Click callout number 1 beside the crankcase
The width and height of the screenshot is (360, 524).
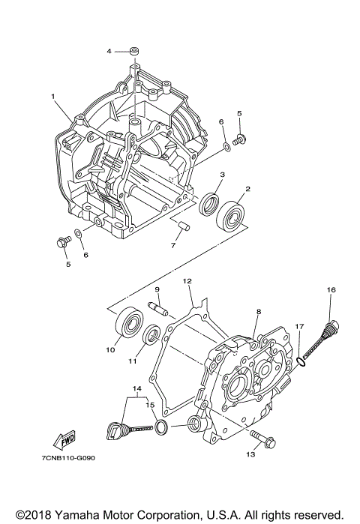53,97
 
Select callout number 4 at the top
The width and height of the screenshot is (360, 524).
109,51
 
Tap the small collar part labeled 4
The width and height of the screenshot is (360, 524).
133,50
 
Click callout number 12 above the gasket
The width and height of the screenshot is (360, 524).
188,281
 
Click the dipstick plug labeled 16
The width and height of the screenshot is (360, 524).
330,331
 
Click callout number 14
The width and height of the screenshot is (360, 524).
136,389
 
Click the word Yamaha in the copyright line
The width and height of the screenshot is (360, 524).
81,514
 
